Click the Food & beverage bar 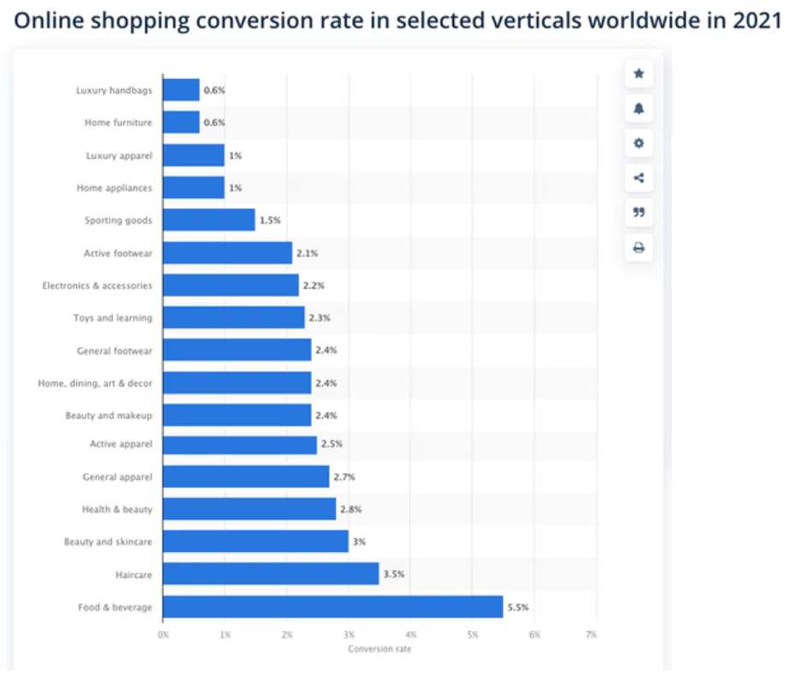332,607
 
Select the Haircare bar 271,574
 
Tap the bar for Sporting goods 208,220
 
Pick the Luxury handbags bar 181,90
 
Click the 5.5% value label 517,607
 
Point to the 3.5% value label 393,574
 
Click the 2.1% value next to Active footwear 307,253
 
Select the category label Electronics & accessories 97,285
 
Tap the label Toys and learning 112,318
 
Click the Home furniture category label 118,123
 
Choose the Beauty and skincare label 108,542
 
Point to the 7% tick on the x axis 591,634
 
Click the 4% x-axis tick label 410,634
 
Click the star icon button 638,75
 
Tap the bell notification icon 638,109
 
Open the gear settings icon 638,143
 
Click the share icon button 638,178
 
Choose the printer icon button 638,249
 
